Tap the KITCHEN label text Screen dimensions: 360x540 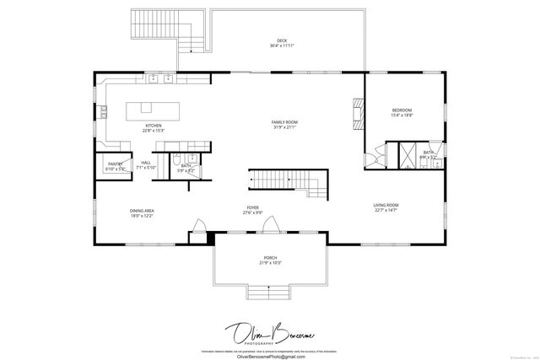coord(153,126)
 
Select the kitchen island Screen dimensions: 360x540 coord(143,108)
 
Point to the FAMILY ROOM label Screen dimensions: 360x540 coord(284,122)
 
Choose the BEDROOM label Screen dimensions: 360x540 coord(402,110)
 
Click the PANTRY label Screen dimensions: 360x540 coord(115,164)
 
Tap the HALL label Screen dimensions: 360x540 coord(146,162)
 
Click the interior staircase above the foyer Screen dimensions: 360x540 coord(283,180)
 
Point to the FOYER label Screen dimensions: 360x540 coord(252,207)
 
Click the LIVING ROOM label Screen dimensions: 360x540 coord(386,205)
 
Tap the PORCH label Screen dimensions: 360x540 coord(270,258)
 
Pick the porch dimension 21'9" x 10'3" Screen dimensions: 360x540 coord(270,264)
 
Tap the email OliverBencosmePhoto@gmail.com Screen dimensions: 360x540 coord(269,356)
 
